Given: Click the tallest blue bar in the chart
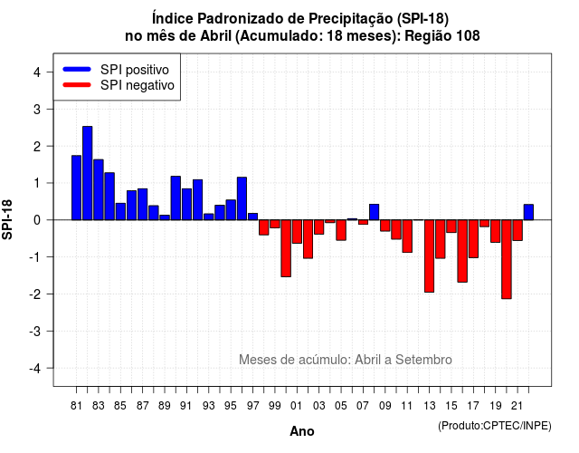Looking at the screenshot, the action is tap(88, 173).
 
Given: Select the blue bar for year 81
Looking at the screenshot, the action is tap(76, 188).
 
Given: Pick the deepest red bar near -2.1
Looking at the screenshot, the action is tap(507, 259).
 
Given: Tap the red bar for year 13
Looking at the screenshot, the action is tap(430, 255).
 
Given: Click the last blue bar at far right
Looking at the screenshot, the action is tap(528, 212).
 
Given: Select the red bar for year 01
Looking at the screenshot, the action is tap(297, 232).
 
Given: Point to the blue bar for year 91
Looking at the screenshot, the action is tap(187, 204).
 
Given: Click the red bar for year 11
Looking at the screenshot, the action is tap(407, 236).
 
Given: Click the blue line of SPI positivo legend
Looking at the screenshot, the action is tap(77, 69).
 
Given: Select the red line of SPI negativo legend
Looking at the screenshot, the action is tap(77, 85).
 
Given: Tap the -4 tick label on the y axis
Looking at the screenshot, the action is tap(35, 368).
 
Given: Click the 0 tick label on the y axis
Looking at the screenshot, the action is tap(37, 220).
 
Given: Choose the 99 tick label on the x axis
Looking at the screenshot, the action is tap(275, 406).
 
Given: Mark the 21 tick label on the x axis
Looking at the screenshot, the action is tap(517, 406).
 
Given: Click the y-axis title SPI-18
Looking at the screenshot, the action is tap(7, 219).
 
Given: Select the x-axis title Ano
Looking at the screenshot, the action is tap(302, 431).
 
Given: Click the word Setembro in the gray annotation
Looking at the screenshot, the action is tap(423, 360).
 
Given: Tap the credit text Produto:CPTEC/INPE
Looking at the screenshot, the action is tap(495, 426).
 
